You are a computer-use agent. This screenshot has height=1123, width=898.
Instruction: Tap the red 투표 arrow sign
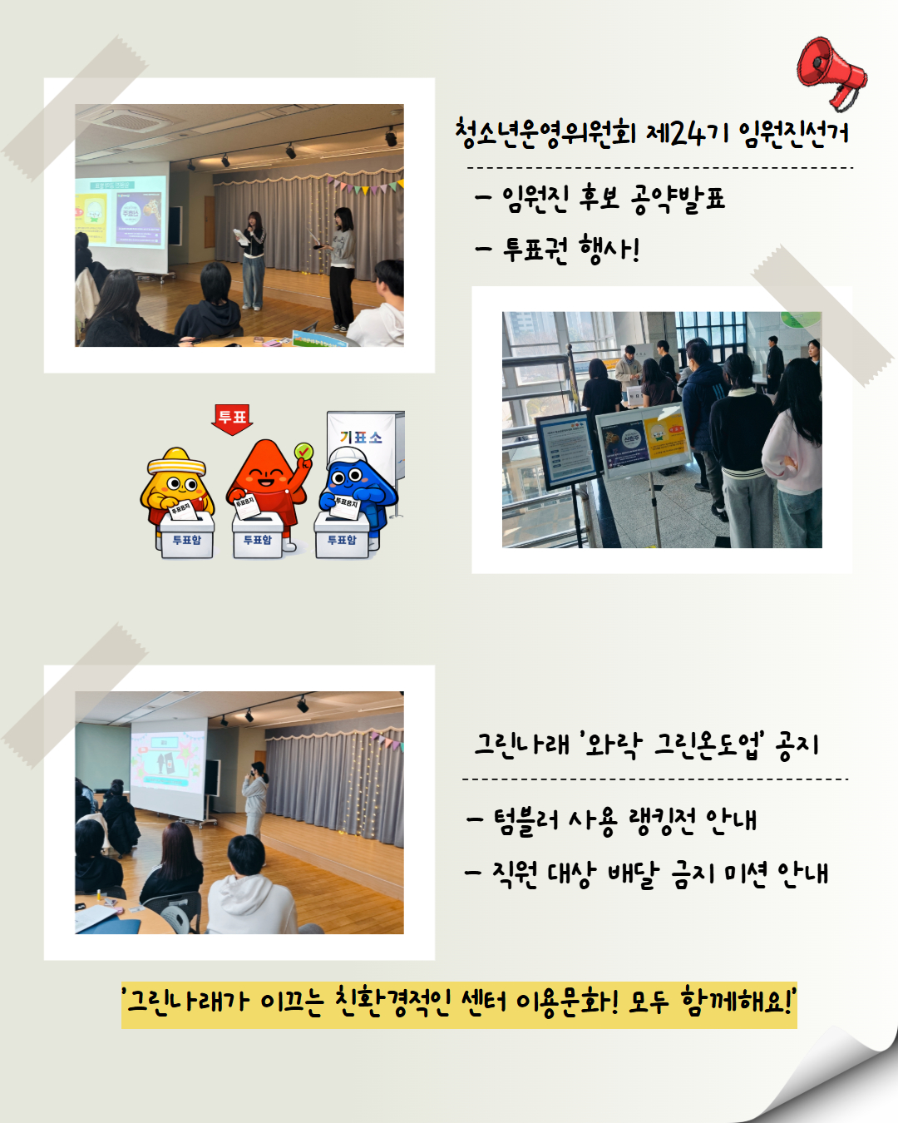(x=232, y=418)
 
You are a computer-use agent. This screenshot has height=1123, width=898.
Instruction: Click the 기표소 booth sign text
(x=361, y=438)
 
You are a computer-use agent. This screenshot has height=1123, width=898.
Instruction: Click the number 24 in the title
(x=687, y=133)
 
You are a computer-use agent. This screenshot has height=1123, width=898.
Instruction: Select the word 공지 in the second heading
(x=797, y=745)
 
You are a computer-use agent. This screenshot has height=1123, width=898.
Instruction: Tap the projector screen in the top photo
(x=121, y=213)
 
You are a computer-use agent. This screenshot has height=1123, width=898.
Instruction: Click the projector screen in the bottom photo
(x=167, y=766)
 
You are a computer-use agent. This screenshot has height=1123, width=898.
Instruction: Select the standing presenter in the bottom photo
(x=255, y=797)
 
